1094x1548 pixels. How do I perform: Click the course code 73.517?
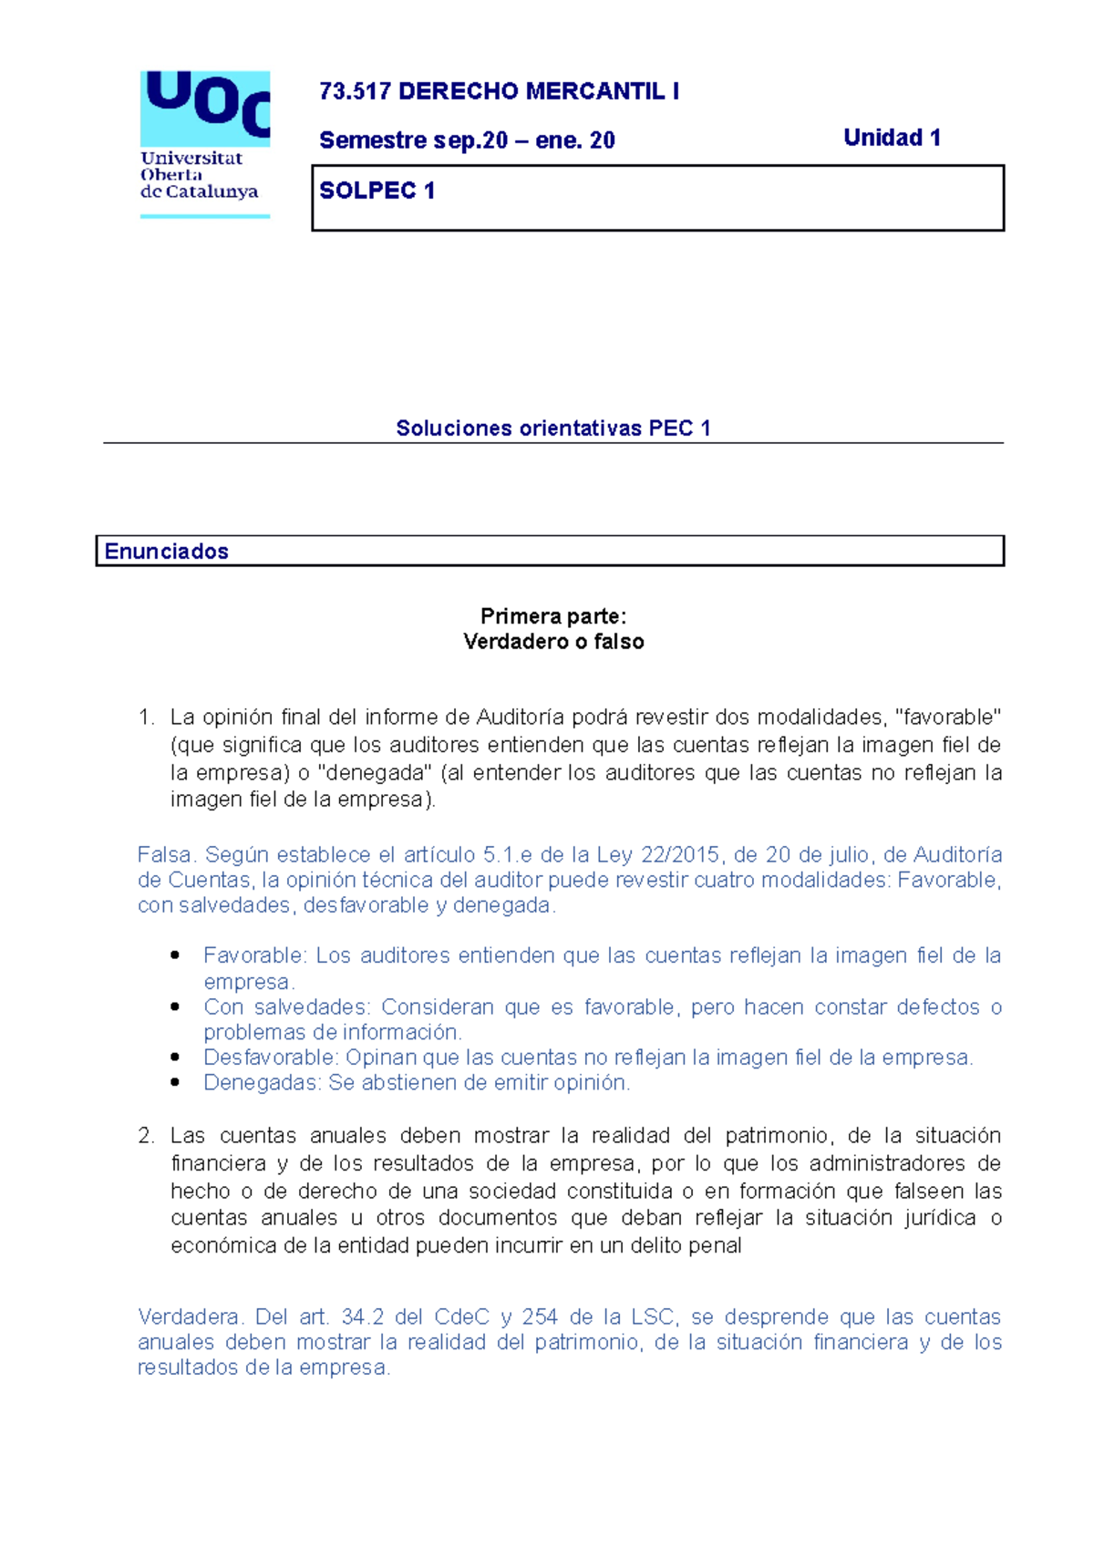click(355, 92)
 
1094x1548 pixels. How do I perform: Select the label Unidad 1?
click(892, 139)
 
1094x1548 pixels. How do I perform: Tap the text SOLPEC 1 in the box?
click(377, 191)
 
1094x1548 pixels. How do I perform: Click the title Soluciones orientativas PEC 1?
click(552, 428)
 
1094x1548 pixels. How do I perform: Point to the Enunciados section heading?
click(166, 552)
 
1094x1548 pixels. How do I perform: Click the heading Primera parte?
click(553, 617)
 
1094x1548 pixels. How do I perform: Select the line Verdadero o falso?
click(553, 642)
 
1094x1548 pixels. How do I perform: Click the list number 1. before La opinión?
click(147, 718)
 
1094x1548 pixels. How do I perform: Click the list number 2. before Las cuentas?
click(147, 1136)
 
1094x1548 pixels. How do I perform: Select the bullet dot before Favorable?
click(174, 955)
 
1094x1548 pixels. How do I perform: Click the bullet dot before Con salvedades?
click(174, 1006)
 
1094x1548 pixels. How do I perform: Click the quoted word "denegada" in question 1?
click(375, 773)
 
